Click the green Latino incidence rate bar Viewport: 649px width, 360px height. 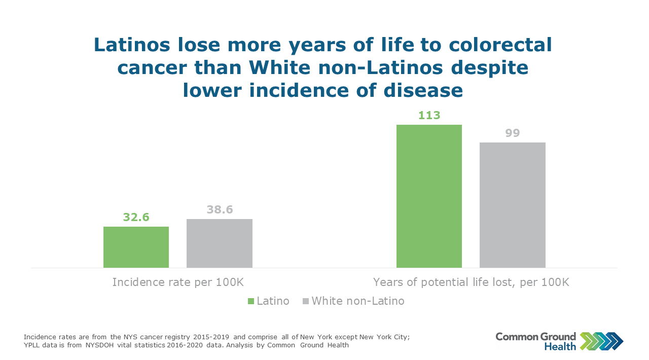coord(136,247)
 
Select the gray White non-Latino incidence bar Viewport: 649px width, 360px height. coord(219,243)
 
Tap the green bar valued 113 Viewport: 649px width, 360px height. coord(429,196)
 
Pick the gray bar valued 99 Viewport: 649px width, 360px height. coord(512,205)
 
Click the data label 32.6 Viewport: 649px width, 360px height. coord(136,218)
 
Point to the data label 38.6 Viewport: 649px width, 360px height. coord(220,209)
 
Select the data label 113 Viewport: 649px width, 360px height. coord(429,115)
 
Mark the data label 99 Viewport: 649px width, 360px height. coord(512,133)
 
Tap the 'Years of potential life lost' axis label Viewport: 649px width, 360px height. coord(471,282)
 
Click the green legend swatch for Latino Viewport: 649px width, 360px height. coord(250,301)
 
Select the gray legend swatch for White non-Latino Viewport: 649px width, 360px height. coord(305,301)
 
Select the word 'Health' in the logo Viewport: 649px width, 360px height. coord(560,346)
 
